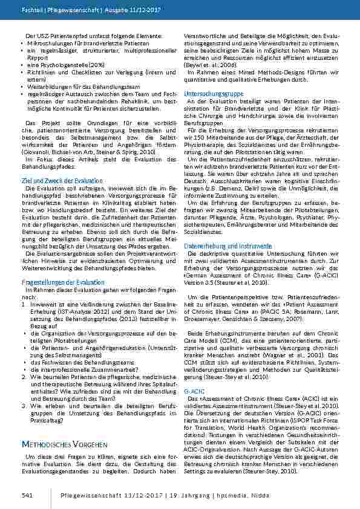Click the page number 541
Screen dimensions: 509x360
click(27, 495)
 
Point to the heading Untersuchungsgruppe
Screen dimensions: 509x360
click(214, 94)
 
